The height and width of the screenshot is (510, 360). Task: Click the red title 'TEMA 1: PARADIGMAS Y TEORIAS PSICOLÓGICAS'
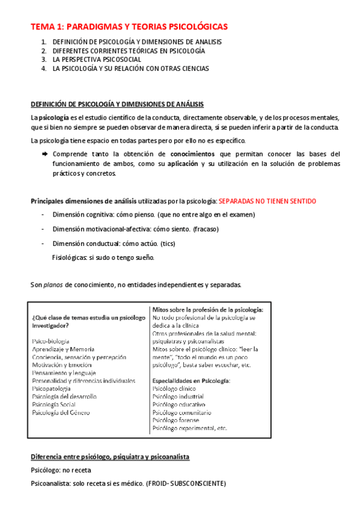pos(129,27)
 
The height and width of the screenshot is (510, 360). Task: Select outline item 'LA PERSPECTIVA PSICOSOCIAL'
pos(97,60)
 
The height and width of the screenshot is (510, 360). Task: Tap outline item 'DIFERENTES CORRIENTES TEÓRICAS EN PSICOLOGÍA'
pos(129,51)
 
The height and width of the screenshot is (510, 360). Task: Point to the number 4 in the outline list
pos(44,69)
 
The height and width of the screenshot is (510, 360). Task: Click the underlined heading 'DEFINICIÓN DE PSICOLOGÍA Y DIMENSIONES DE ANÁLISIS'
pos(117,104)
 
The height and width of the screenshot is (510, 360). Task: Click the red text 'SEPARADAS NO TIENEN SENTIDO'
pos(267,200)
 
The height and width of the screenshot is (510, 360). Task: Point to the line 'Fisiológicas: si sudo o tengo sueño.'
pos(103,257)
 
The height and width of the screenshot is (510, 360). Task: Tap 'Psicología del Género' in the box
pos(61,412)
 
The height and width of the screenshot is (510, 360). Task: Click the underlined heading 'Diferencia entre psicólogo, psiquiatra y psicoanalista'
pos(110,457)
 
